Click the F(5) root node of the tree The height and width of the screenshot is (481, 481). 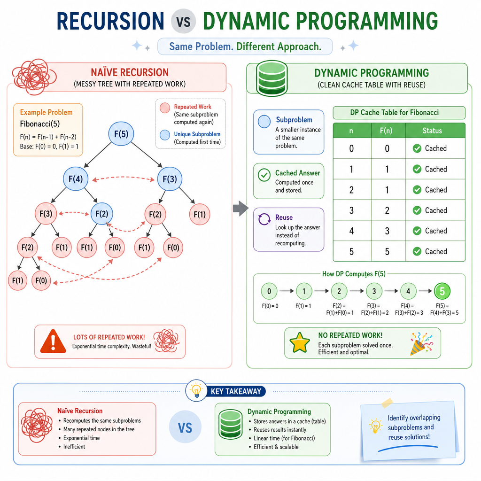click(121, 134)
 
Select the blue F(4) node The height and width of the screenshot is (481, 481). click(76, 179)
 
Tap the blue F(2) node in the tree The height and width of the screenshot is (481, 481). click(102, 214)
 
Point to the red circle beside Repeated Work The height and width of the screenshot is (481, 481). click(165, 108)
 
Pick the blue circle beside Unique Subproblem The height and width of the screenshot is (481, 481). click(165, 135)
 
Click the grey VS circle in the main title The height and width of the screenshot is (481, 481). click(183, 21)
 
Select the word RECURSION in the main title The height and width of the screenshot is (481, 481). click(110, 21)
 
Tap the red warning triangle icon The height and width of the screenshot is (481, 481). click(53, 341)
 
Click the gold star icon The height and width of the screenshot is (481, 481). click(299, 342)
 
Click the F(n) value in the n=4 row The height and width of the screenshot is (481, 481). click(387, 231)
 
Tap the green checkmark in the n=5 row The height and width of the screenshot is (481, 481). click(417, 252)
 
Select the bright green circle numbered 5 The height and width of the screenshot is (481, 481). click(442, 291)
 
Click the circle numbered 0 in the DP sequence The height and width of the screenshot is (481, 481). click(269, 291)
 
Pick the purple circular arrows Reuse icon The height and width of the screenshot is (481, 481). click(264, 219)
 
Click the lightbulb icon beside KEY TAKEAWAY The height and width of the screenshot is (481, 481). click(196, 390)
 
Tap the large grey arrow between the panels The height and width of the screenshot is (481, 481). click(240, 209)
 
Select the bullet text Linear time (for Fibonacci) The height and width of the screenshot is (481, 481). click(284, 438)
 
